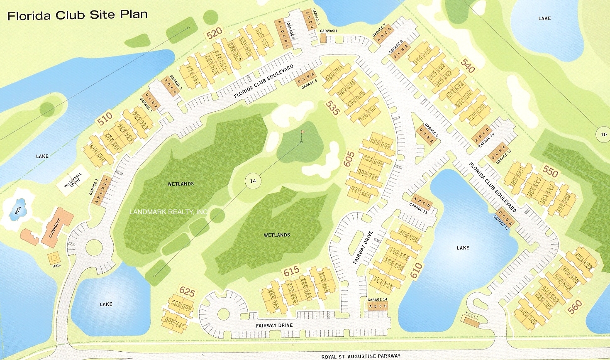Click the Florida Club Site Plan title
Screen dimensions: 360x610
coord(78,15)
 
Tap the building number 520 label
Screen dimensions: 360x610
coord(214,33)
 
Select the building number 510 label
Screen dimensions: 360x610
coord(105,119)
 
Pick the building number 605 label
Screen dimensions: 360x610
coord(349,159)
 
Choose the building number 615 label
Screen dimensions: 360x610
coord(291,271)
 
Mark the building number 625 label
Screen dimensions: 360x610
coord(187,291)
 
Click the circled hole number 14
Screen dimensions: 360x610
coord(253,181)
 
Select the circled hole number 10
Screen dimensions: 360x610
coord(603,134)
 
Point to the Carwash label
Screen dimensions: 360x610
coord(328,31)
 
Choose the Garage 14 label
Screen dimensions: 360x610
coord(377,299)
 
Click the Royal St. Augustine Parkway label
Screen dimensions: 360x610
coord(361,356)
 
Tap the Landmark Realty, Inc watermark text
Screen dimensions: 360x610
coord(168,212)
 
